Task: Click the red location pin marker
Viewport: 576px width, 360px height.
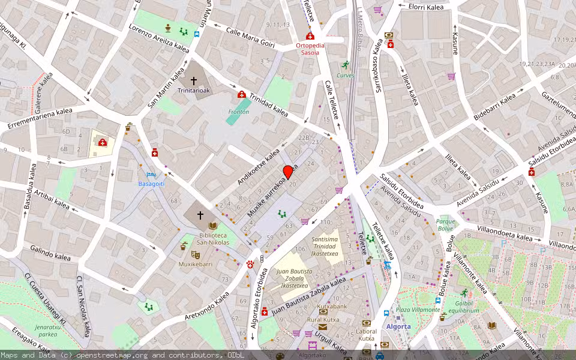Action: click(x=288, y=172)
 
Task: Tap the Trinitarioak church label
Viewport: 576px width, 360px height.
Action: click(x=194, y=91)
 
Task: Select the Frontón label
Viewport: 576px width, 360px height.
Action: click(x=239, y=112)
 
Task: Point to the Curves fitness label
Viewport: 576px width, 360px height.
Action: click(x=345, y=75)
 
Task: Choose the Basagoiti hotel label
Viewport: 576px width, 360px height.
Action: click(x=151, y=183)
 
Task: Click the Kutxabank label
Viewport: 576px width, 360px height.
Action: click(x=332, y=306)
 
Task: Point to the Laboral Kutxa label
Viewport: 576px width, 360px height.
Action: click(x=366, y=335)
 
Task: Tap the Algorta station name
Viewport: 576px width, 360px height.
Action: click(x=398, y=326)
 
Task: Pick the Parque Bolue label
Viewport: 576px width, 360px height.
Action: click(x=445, y=224)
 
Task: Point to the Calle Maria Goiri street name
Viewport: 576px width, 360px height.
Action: click(x=250, y=36)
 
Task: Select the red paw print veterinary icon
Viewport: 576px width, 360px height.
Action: click(x=250, y=263)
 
